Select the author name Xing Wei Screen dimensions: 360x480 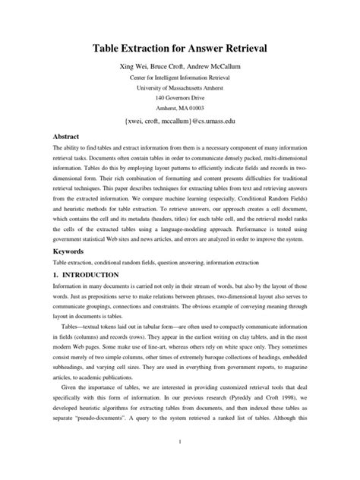tap(134, 68)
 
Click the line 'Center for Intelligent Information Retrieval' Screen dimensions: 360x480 tap(179, 78)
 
